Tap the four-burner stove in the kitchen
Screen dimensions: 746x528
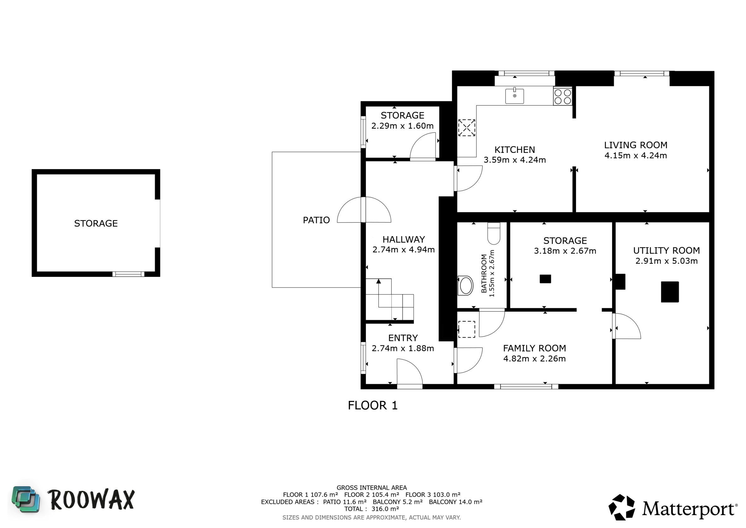click(563, 97)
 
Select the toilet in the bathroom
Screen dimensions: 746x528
click(493, 234)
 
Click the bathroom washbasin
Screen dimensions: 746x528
click(465, 285)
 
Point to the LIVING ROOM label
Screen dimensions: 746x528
click(636, 145)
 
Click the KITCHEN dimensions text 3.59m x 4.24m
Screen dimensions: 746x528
click(515, 160)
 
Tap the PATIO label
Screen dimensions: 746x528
click(316, 220)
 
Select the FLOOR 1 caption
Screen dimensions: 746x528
click(373, 406)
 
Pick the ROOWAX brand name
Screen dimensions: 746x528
click(91, 500)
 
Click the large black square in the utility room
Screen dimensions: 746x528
click(670, 292)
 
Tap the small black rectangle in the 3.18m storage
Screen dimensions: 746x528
click(545, 279)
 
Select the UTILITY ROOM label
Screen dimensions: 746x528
click(666, 251)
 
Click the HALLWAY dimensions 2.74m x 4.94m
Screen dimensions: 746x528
click(403, 250)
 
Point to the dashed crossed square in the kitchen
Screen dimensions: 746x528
click(466, 127)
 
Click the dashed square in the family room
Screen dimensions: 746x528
click(466, 329)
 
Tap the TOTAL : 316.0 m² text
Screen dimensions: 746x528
click(372, 509)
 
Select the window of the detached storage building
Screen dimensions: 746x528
click(128, 274)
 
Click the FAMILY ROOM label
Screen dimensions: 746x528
click(535, 348)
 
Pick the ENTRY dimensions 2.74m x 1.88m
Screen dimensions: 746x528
click(403, 348)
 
